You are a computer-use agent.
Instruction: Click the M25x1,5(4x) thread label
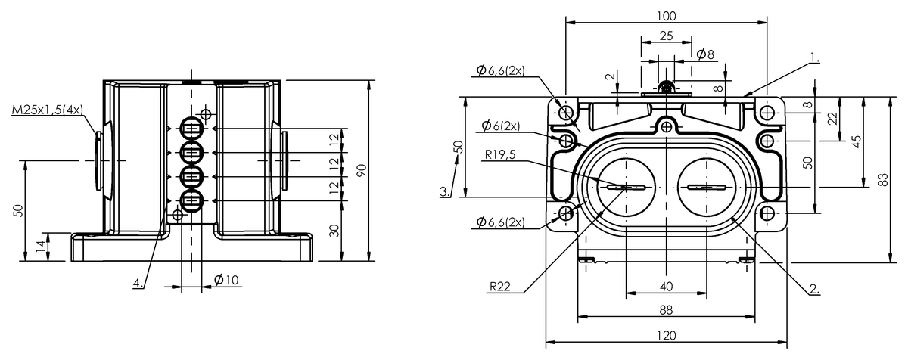[x=48, y=110]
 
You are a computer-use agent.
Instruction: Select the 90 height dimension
[x=362, y=170]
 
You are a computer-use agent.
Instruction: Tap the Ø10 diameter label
[x=226, y=279]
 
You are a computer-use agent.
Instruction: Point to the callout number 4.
[x=138, y=282]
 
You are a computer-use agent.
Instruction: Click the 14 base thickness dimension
[x=41, y=247]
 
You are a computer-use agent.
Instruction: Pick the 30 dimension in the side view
[x=334, y=231]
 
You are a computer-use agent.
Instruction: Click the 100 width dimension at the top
[x=667, y=16]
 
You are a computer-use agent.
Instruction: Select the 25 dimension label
[x=667, y=36]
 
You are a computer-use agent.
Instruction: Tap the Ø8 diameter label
[x=705, y=54]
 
